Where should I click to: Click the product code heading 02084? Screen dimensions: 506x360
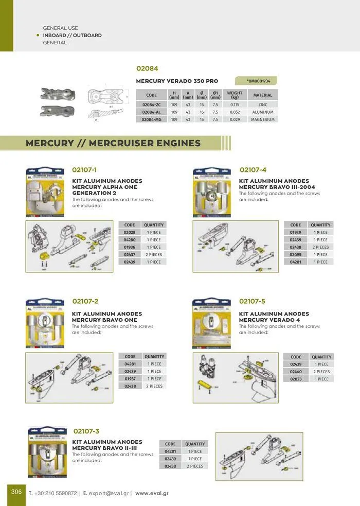point(147,68)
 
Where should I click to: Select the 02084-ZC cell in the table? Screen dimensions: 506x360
point(151,104)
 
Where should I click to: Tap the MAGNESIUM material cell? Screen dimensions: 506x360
point(263,119)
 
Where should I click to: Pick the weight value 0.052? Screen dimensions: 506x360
point(235,112)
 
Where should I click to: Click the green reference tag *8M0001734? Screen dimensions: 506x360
point(258,81)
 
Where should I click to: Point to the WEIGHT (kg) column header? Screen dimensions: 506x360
point(235,95)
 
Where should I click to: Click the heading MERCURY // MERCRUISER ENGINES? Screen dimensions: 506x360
point(113,143)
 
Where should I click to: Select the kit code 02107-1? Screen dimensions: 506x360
point(84,170)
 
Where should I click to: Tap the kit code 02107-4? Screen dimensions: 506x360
point(253,170)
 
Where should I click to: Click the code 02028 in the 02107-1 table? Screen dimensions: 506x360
point(130,232)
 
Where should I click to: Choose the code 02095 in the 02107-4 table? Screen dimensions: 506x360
point(295,254)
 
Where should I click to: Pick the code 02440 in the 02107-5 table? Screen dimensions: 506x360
point(296,372)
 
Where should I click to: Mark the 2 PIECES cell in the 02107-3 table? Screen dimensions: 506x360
point(195,466)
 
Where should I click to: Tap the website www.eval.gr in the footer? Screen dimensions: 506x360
point(152,493)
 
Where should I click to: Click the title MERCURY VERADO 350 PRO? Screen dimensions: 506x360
point(177,81)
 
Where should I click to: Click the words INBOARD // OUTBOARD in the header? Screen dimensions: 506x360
point(72,36)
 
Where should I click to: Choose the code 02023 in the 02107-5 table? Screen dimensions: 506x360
point(296,379)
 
